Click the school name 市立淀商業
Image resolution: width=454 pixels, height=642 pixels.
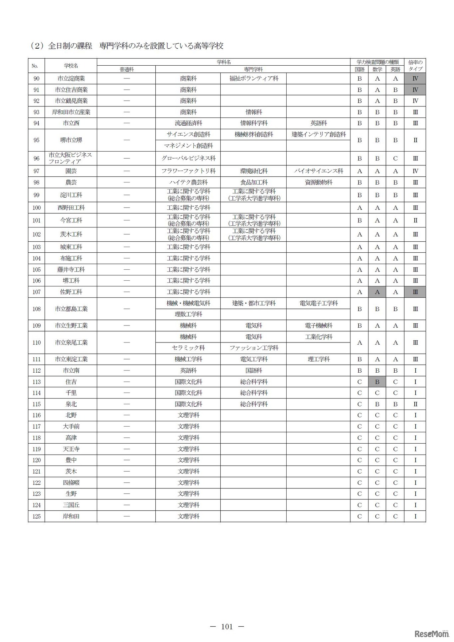click(x=71, y=78)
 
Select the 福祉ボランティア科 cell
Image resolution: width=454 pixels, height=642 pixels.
click(x=254, y=78)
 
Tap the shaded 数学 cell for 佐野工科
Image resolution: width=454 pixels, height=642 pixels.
click(x=377, y=292)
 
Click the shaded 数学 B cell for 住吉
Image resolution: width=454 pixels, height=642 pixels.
click(x=377, y=382)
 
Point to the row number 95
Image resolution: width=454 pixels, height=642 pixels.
click(x=37, y=140)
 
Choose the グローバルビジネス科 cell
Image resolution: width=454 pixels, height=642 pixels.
click(x=188, y=158)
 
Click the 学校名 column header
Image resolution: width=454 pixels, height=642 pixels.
click(x=71, y=66)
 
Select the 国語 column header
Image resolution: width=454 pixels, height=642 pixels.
click(x=359, y=70)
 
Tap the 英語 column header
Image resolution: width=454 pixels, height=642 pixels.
click(x=395, y=70)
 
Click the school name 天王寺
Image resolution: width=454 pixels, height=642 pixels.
click(x=71, y=449)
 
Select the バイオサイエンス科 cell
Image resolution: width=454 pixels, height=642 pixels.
click(x=319, y=171)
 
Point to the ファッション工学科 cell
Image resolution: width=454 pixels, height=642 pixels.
click(x=254, y=348)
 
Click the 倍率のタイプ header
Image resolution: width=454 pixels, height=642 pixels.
click(x=415, y=66)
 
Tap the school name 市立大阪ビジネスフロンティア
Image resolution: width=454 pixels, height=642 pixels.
click(x=71, y=158)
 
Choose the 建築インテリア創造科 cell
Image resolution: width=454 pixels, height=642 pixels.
click(x=319, y=135)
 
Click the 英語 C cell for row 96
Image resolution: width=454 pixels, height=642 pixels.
click(x=395, y=158)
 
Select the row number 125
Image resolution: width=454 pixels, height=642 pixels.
click(x=37, y=516)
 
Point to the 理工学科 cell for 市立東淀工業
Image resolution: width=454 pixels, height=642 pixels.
click(x=319, y=359)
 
